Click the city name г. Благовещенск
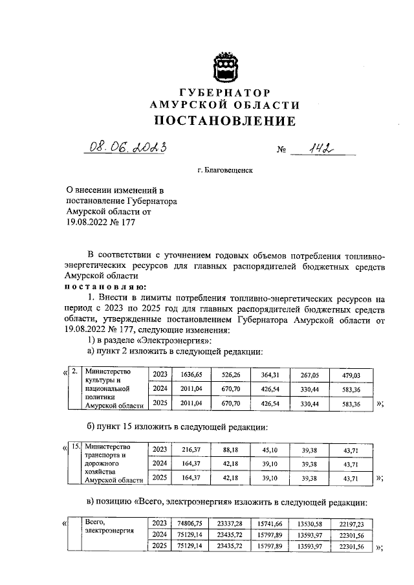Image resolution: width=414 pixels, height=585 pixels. click(x=224, y=171)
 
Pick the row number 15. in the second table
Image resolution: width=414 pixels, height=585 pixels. click(x=76, y=447)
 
